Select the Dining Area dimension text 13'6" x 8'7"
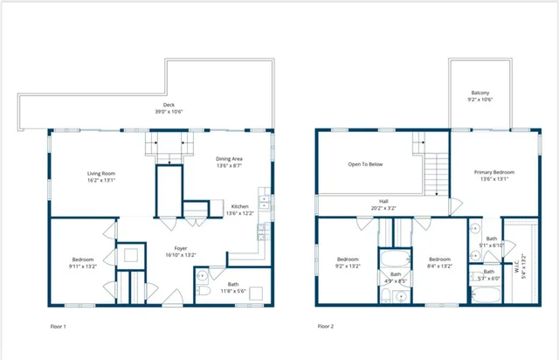(228, 164)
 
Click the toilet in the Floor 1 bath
(201, 291)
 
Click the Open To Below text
(365, 164)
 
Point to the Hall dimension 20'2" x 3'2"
(383, 208)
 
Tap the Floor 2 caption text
(324, 326)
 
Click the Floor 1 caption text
(58, 326)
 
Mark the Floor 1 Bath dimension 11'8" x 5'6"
(232, 290)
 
